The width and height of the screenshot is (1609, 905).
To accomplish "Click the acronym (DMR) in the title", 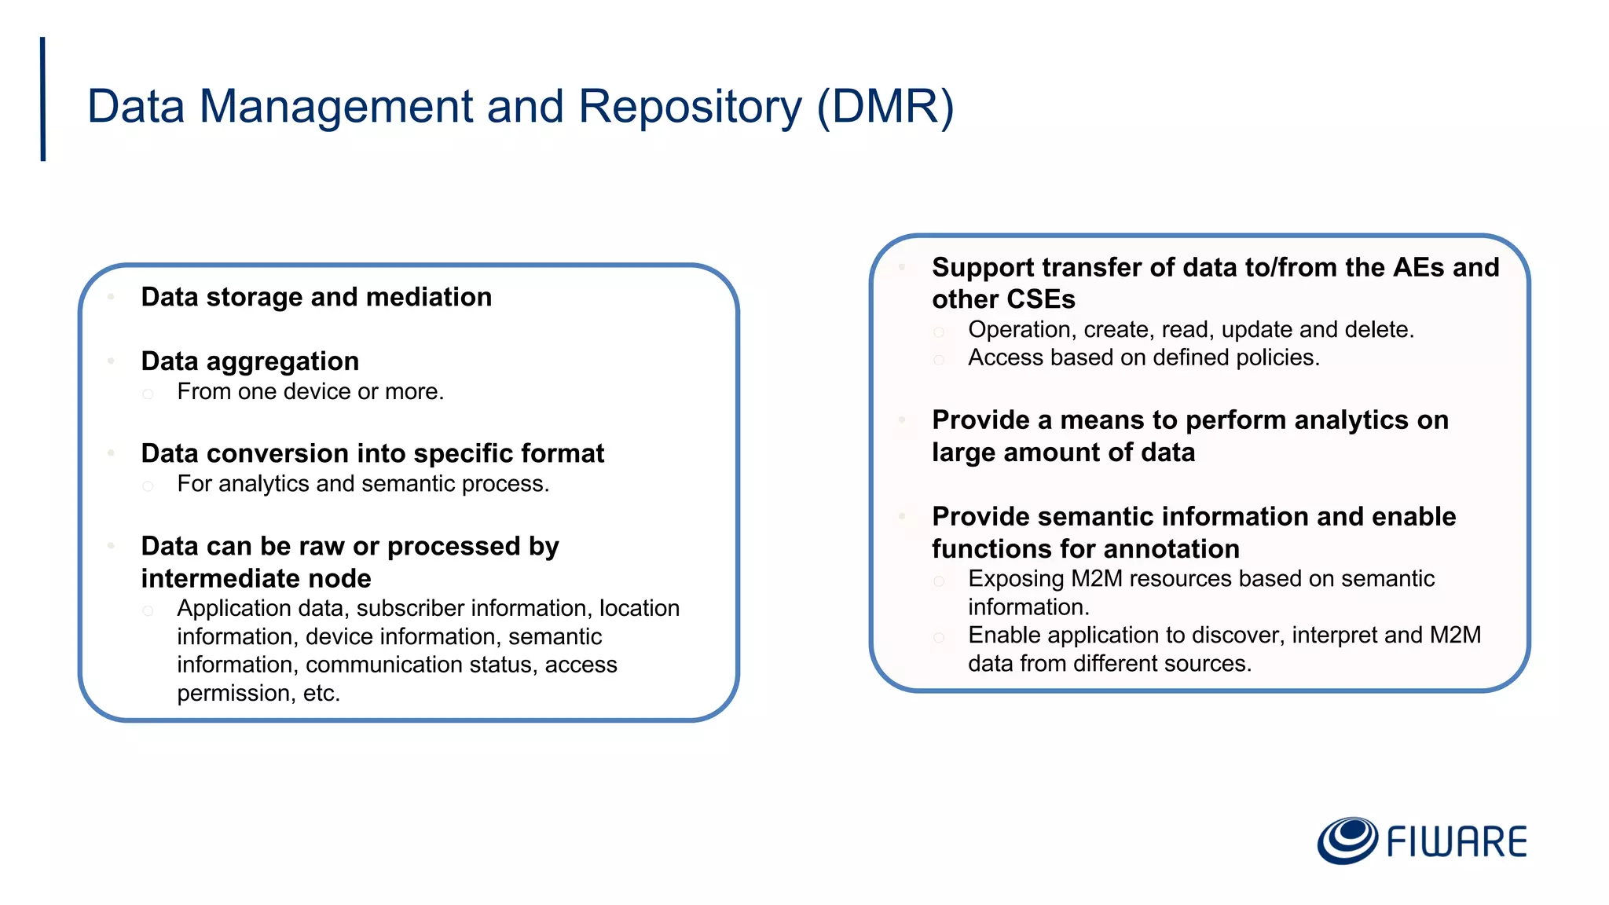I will coord(885,106).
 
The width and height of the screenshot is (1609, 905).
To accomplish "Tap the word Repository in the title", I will coord(691,106).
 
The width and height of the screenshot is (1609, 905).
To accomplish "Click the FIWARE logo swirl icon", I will coord(1347,841).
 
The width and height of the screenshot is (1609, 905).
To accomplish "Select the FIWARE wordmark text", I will coord(1457,842).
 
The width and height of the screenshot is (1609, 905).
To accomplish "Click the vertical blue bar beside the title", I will coord(43,99).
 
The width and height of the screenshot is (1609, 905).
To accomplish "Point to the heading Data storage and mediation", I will coord(316,297).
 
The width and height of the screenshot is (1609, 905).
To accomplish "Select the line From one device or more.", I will coord(310,391).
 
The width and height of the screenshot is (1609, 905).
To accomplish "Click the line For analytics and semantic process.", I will coord(362,484).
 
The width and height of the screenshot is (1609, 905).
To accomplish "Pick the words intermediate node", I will coord(255,578).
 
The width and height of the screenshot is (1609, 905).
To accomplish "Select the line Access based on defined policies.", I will coord(1143,357).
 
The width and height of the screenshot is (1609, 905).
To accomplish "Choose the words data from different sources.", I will coord(1109,664).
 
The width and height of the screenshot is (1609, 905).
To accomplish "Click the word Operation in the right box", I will coord(1019,329).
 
